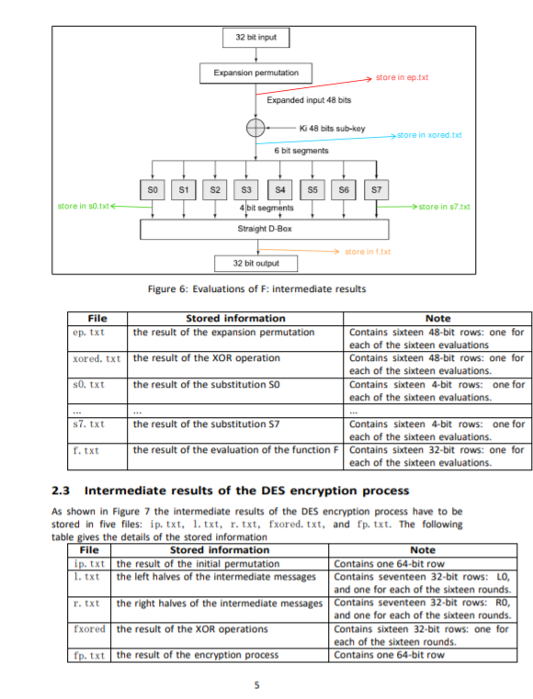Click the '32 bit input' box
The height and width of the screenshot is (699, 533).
[256, 38]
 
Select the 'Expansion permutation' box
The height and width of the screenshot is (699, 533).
[256, 72]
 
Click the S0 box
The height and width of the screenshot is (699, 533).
[153, 189]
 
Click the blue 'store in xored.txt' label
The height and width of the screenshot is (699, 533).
[428, 135]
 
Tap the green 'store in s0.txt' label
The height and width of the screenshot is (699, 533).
[83, 206]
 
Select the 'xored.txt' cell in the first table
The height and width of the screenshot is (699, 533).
[96, 358]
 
